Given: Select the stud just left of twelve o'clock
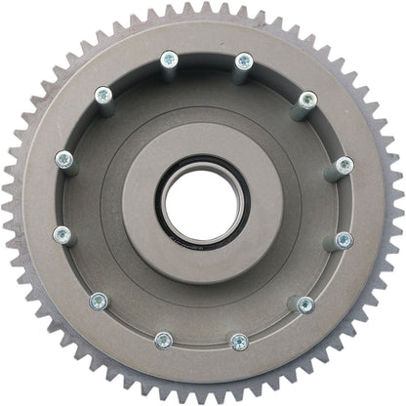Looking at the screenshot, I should coord(169,62).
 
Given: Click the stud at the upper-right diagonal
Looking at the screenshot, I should coord(307,101).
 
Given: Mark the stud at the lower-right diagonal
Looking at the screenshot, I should coord(304,304).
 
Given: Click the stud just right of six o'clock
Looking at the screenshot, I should coord(239,341).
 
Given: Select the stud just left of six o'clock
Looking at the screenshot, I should coord(164,340).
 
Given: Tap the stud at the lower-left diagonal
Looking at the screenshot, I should coord(98,302).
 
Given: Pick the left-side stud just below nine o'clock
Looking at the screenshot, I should coord(62,234).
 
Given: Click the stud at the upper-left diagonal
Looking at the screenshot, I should coord(101,96).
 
